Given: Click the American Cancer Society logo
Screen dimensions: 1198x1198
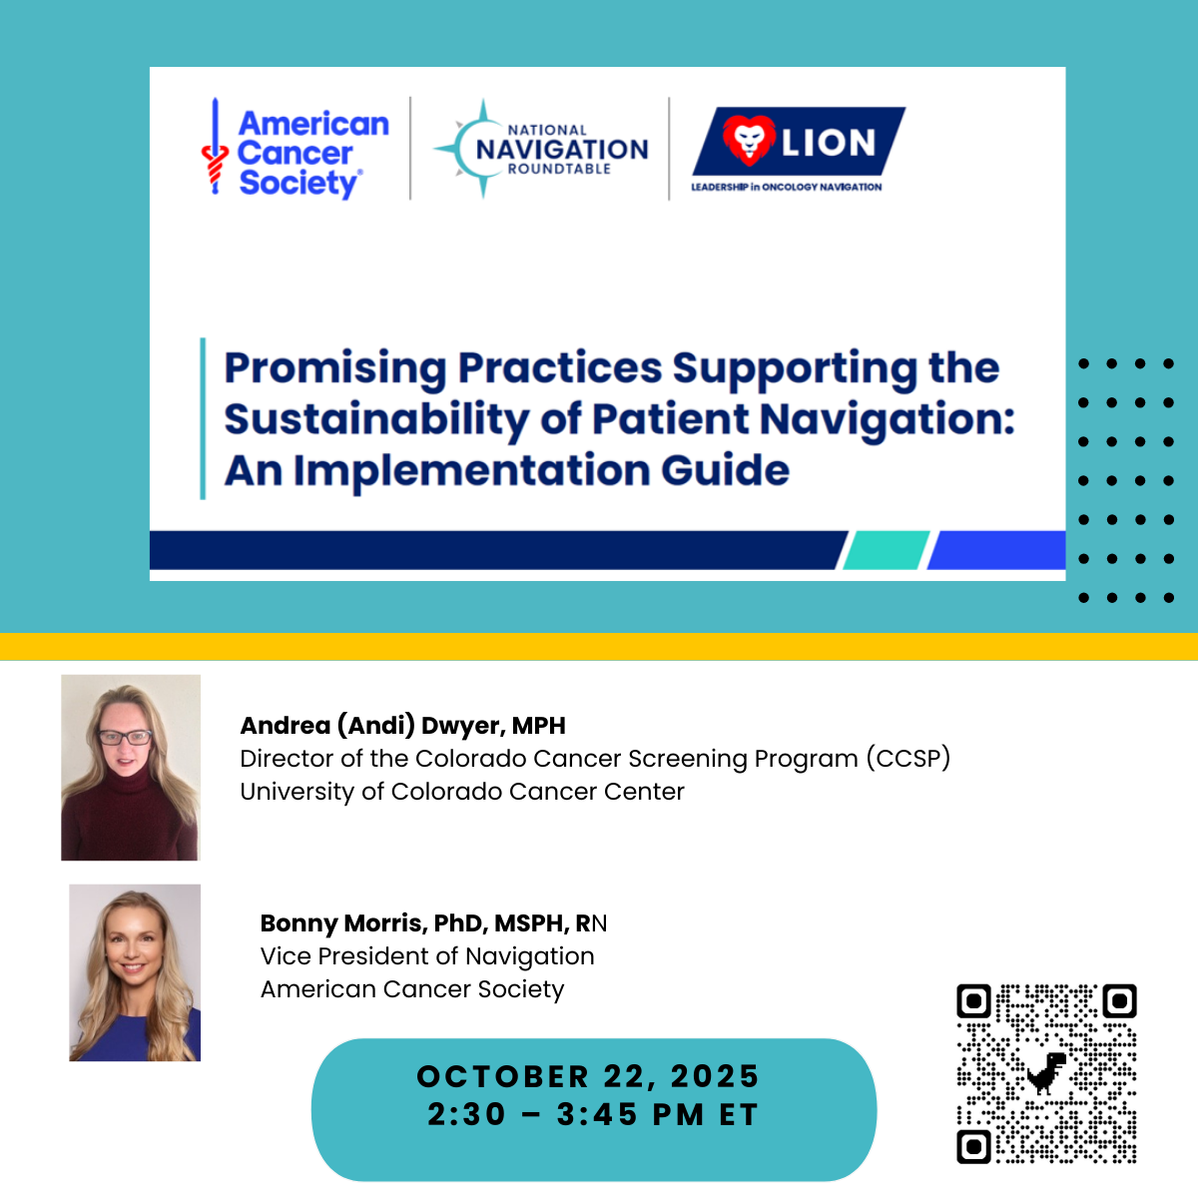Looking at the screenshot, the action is pos(296,149).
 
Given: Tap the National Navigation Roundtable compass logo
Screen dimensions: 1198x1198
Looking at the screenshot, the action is pos(541,149).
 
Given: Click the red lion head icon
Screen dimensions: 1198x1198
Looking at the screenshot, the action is pos(749,141).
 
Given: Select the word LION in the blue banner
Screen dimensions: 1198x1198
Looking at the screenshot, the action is pos(829,143).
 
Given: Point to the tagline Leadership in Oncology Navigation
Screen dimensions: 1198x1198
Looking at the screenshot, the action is pos(787,187).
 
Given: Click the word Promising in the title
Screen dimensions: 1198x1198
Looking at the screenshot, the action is pos(335,368).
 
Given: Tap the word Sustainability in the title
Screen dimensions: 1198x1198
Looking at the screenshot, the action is pos(376,419).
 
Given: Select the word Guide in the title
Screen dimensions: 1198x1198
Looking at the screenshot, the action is pos(725,470).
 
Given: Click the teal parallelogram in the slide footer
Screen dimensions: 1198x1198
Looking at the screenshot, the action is pos(886,549).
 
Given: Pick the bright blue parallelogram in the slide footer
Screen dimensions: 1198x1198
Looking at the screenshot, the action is pos(996,549).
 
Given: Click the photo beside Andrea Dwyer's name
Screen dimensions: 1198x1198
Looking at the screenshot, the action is pos(131,767).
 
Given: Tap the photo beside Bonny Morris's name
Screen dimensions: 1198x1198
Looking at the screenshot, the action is pos(135,972).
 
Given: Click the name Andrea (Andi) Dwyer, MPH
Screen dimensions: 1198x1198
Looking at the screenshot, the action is pos(403,726).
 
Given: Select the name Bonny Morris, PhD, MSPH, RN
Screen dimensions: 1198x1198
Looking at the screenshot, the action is pos(433,923).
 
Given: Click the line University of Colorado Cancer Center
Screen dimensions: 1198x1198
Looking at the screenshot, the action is pos(462,792).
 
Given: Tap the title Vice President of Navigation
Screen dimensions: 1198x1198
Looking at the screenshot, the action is pos(427,956).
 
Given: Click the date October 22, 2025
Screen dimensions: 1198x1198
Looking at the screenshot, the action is pos(587,1076).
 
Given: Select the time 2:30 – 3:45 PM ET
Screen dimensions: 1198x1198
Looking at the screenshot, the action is pos(593,1114).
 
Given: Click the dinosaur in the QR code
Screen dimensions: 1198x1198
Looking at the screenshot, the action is pos(1046,1073).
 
